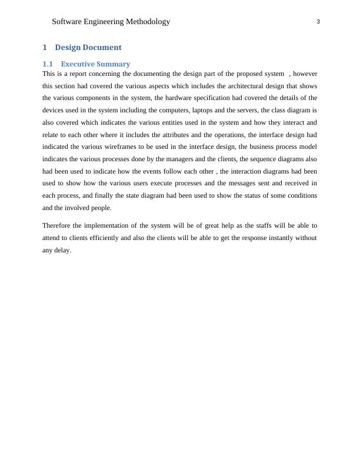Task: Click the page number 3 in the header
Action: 318,22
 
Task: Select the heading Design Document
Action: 88,48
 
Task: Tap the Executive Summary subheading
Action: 95,64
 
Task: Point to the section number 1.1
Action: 48,64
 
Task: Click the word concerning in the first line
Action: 102,74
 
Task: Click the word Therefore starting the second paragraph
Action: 58,226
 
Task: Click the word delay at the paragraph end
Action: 62,251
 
